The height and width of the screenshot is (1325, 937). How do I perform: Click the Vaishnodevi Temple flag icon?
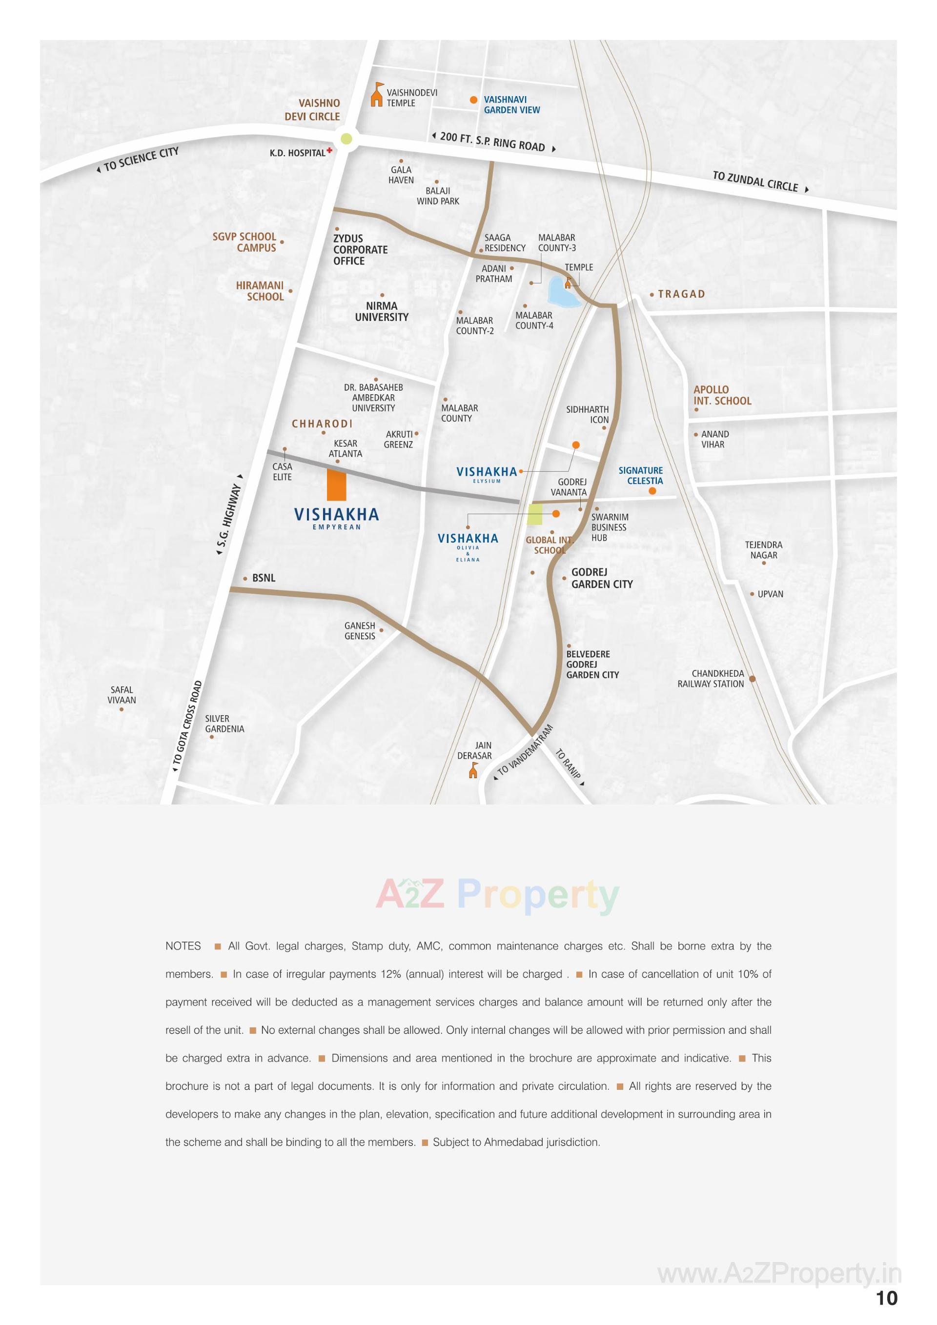(x=376, y=95)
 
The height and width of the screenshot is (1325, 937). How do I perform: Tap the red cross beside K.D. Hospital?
(x=329, y=151)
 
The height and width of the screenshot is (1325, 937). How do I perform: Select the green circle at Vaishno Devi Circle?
(x=346, y=139)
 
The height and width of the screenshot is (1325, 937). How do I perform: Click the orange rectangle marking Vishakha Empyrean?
(x=336, y=484)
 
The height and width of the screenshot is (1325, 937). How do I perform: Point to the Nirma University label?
(x=381, y=312)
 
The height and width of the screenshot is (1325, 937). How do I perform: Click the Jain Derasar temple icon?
(x=473, y=770)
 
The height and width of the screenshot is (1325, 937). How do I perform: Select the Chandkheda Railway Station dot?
(x=752, y=679)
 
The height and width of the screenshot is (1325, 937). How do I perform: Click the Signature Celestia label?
(x=640, y=476)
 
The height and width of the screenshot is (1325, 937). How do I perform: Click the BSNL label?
(x=263, y=578)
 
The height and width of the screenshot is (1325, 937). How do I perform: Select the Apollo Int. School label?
(x=722, y=395)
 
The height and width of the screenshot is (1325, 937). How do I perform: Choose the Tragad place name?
(x=681, y=294)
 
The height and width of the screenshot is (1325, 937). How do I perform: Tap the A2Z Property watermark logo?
(x=497, y=895)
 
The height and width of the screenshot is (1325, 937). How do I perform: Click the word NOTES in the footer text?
(x=183, y=946)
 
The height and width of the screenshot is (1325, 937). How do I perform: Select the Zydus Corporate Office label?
(x=360, y=249)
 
